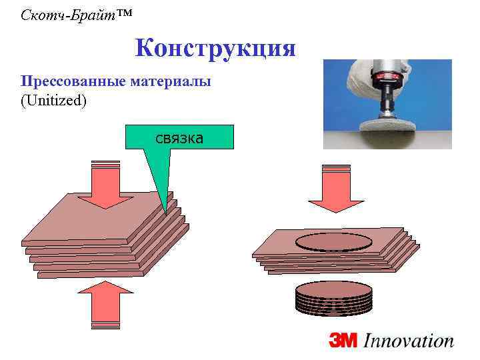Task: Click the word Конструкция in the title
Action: coord(215,49)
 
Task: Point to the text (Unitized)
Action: coord(53,100)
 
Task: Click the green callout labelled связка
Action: coord(179,137)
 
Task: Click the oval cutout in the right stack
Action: coord(333,242)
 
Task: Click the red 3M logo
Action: coord(343,341)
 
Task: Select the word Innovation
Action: coord(408,341)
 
